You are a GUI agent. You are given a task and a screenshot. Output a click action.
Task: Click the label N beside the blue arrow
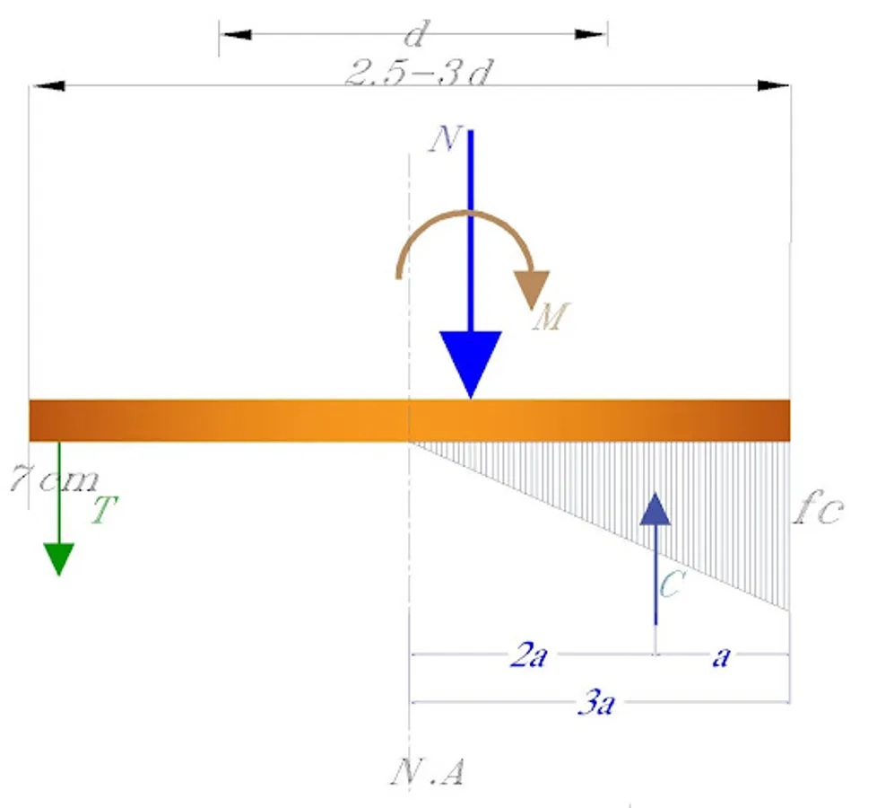point(445,139)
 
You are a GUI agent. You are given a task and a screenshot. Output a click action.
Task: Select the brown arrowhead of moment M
point(532,289)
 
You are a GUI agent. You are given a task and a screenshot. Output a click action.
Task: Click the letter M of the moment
point(551,317)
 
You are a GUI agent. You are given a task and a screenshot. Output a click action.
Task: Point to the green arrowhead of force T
point(58,558)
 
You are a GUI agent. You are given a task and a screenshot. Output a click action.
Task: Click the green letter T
point(105,510)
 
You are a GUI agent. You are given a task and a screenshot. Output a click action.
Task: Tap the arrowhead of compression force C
point(655,509)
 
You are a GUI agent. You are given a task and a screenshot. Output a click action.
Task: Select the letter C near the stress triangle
point(671,584)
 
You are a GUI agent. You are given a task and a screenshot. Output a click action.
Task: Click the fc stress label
point(819,507)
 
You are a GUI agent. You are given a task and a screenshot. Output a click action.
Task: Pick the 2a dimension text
point(528,655)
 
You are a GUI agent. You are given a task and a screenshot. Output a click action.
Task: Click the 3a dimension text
point(596,703)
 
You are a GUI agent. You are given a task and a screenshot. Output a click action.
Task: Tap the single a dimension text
point(722,657)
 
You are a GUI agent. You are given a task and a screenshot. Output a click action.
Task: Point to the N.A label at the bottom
point(427,773)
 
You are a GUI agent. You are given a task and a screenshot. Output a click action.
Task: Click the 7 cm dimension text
point(55,479)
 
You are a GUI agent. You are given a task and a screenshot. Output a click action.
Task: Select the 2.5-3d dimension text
point(419,73)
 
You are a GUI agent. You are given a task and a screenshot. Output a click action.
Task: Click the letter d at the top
point(416,33)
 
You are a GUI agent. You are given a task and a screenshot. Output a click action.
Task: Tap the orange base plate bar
point(410,420)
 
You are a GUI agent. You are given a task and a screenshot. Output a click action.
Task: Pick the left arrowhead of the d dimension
point(236,35)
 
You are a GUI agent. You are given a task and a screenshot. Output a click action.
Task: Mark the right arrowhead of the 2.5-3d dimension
point(774,85)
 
